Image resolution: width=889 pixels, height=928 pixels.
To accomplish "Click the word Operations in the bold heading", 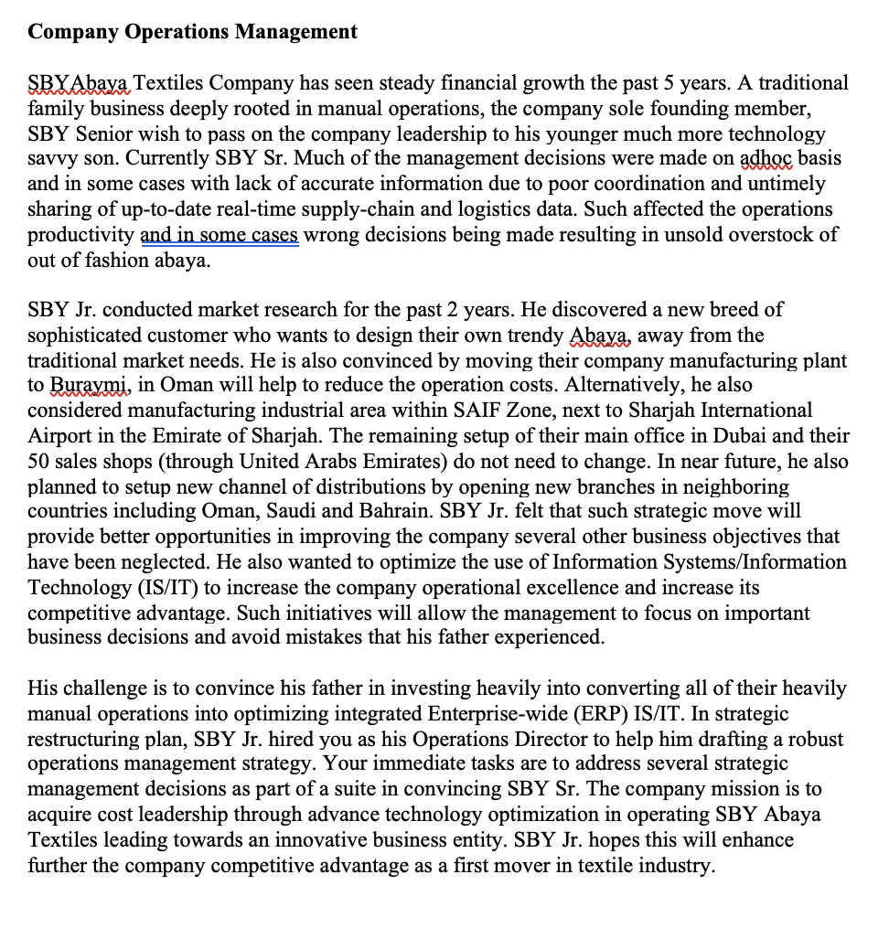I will click(x=177, y=32).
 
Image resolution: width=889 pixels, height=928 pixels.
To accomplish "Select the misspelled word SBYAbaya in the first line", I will click(x=80, y=83).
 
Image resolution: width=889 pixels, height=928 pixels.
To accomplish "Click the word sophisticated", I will click(x=88, y=336).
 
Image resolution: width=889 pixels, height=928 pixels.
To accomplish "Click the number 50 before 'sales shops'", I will click(x=39, y=462).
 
